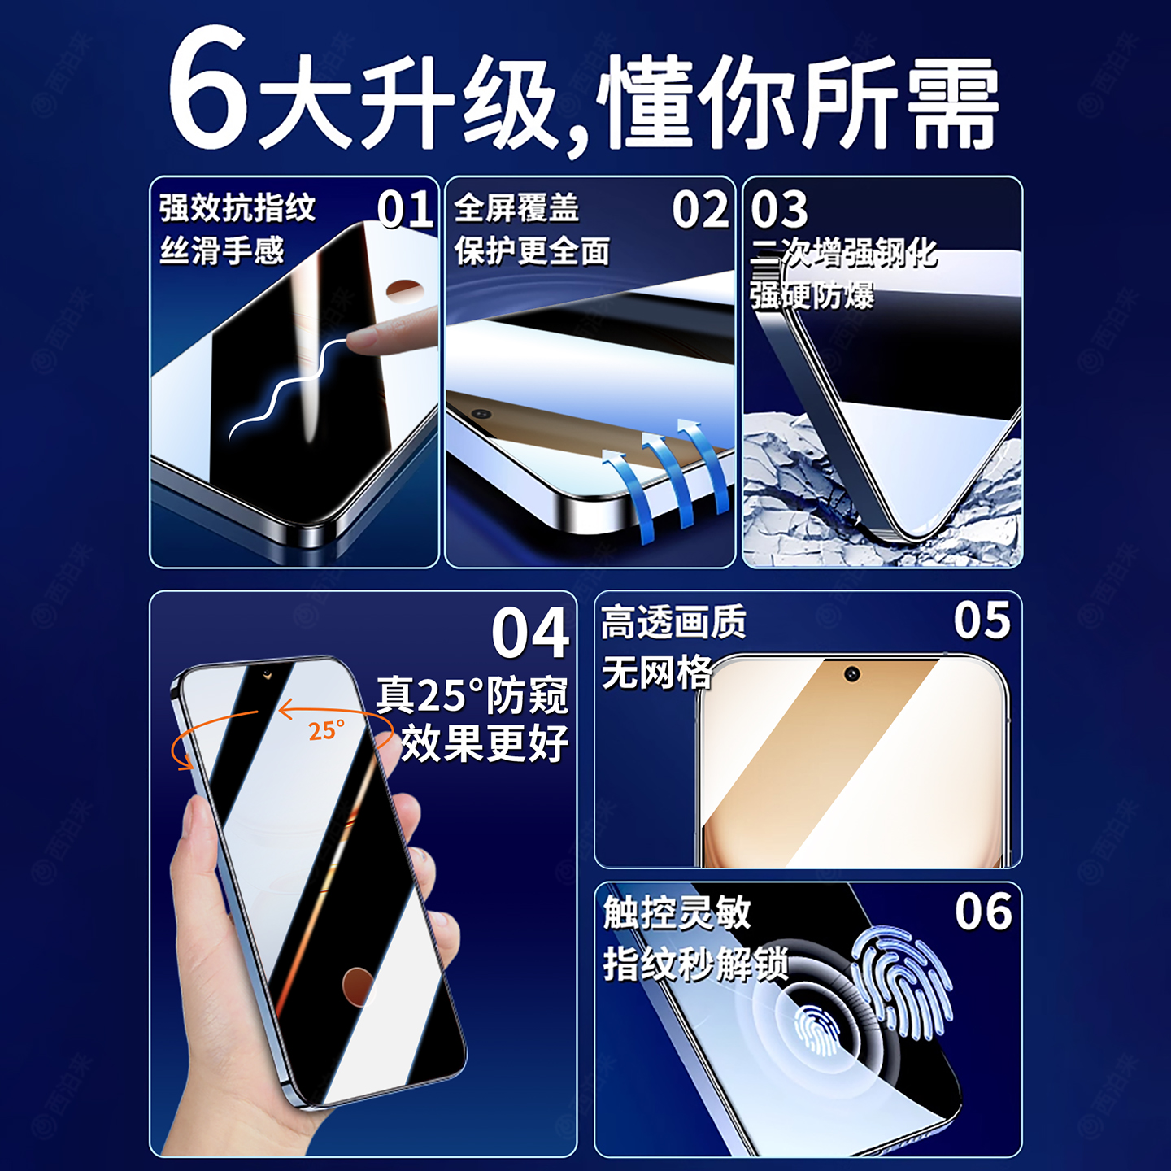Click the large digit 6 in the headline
coord(208,89)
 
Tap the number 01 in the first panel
coord(405,210)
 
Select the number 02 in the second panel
coord(700,210)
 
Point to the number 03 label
coord(779,210)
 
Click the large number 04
coord(530,633)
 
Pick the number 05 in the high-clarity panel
coord(982,621)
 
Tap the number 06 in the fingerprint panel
coord(983,912)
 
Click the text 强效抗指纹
coord(237,208)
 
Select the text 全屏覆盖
coord(516,208)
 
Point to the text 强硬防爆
coord(812,296)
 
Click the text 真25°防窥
coord(472,696)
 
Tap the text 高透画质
coord(673,623)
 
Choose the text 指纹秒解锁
coord(695,964)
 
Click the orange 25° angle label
coord(326,730)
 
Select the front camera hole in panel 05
coord(851,674)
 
